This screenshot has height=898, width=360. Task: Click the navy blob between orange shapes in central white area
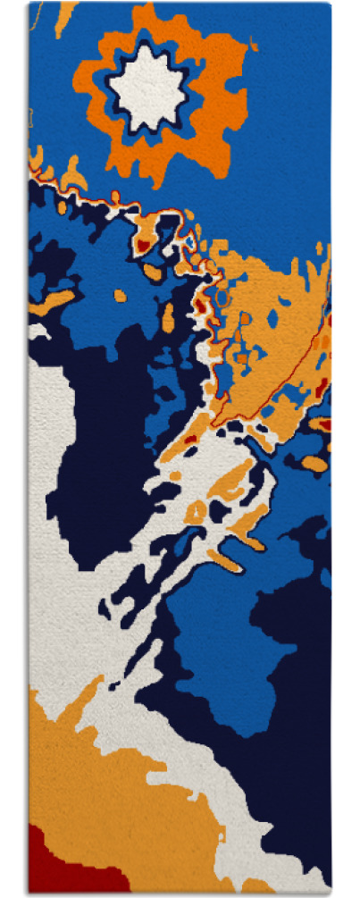point(218,509)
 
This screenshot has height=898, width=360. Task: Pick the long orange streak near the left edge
point(54,300)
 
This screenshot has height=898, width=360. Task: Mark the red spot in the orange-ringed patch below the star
point(143,242)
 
